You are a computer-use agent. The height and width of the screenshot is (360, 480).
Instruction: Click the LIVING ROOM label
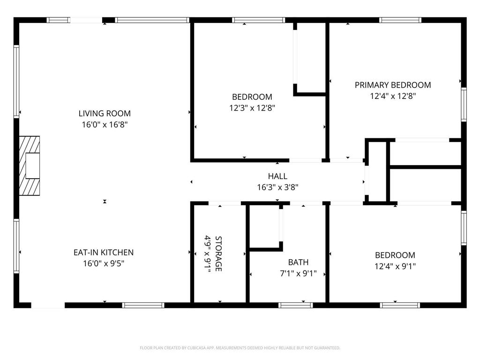(x=104, y=113)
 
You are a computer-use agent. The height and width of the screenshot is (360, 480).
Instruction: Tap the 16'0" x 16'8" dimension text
(x=104, y=125)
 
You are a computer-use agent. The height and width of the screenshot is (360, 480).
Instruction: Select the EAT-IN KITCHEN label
(x=103, y=252)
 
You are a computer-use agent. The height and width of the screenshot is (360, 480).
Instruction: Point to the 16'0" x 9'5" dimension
(x=103, y=263)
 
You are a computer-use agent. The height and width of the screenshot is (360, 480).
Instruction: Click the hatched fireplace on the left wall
(x=29, y=166)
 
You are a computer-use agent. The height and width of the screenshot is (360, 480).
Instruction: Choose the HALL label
(x=277, y=176)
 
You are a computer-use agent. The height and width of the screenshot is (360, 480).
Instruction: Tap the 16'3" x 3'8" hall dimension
(x=277, y=187)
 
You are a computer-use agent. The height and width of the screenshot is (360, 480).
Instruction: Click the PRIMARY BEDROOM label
(x=392, y=85)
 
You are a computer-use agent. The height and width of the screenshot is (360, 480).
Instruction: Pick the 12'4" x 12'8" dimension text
(x=392, y=96)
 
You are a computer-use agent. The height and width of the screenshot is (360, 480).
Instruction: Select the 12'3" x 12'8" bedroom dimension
(x=252, y=108)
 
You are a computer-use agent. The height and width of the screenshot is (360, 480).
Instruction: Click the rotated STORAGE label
(x=218, y=254)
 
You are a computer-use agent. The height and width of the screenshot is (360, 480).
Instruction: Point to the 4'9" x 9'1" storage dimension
(x=207, y=254)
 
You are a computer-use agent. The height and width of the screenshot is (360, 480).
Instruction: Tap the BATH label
(x=298, y=262)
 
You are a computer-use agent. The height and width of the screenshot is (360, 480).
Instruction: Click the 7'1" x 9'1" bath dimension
(x=298, y=274)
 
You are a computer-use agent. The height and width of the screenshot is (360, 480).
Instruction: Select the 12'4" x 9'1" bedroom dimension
(x=395, y=266)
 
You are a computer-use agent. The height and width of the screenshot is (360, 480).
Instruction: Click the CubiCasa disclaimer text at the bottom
(x=240, y=348)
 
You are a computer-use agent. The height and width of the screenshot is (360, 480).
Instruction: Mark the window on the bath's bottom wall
(x=295, y=305)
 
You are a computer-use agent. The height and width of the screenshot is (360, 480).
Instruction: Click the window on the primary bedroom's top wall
(x=400, y=20)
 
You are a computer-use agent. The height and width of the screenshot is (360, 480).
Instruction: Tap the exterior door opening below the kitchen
(x=47, y=305)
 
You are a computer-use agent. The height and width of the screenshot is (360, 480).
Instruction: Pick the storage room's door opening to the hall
(x=225, y=203)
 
